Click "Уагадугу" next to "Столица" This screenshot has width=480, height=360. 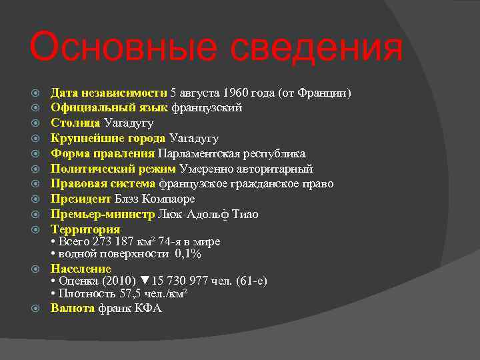click(129, 123)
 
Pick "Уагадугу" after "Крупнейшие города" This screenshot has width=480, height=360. click(194, 138)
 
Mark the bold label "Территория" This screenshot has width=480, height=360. click(85, 229)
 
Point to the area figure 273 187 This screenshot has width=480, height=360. click(113, 241)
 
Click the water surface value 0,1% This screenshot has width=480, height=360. click(188, 254)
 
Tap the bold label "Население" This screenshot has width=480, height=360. click(81, 269)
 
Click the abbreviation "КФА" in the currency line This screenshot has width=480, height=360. click(147, 309)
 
